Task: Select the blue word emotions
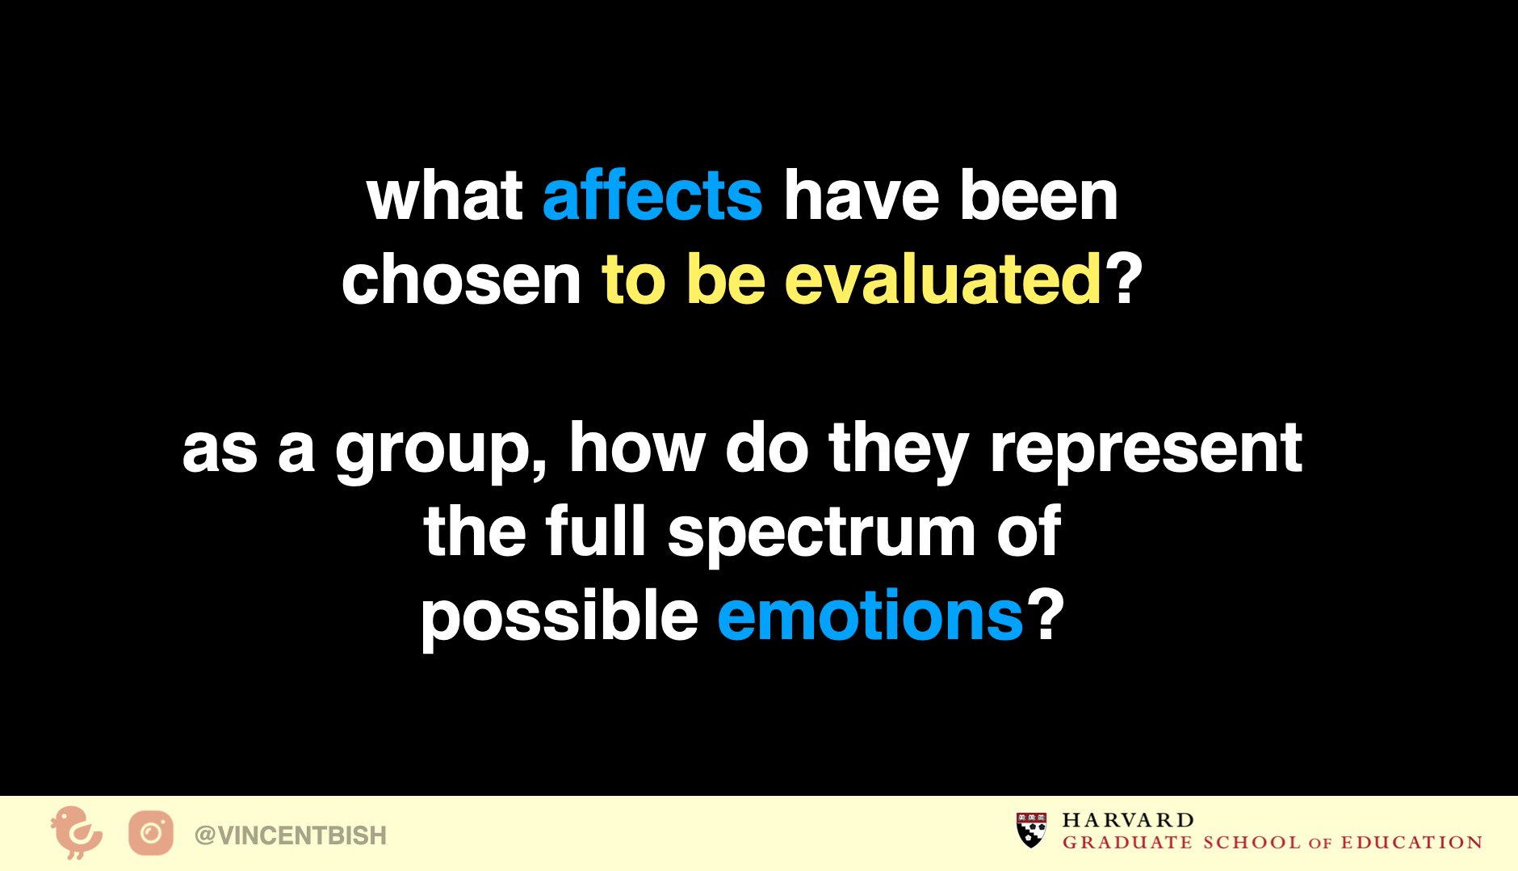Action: click(x=870, y=615)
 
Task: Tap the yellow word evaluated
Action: click(x=943, y=279)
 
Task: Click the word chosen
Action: click(x=461, y=279)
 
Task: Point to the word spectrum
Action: click(x=822, y=531)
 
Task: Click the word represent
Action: click(x=1146, y=448)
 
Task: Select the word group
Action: click(x=441, y=449)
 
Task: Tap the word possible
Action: click(x=560, y=615)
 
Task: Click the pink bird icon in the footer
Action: click(x=77, y=832)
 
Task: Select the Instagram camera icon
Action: click(x=151, y=833)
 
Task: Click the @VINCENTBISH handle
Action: click(x=291, y=835)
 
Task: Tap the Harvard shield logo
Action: click(x=1031, y=830)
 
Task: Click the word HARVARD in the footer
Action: click(x=1128, y=820)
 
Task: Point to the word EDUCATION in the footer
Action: click(x=1411, y=843)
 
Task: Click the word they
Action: click(x=899, y=448)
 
